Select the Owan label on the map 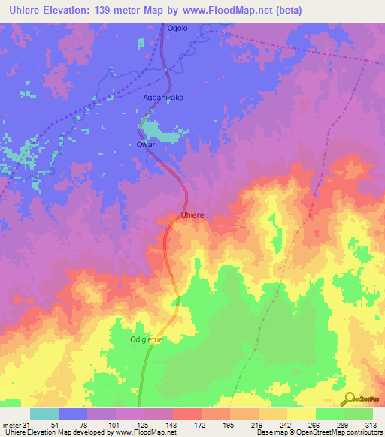pyautogui.click(x=147, y=144)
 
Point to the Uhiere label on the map pyautogui.click(x=192, y=215)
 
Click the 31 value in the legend pyautogui.click(x=26, y=425)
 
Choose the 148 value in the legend pyautogui.click(x=171, y=425)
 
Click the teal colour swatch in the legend pyautogui.click(x=44, y=414)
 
